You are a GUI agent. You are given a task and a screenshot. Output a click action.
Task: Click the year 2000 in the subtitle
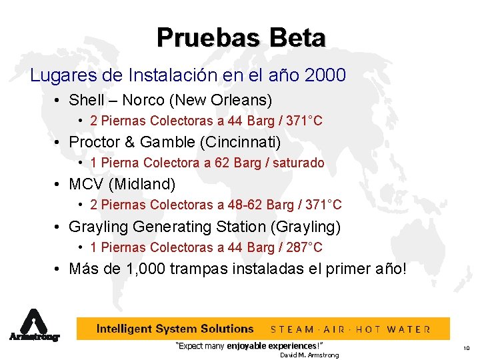click(324, 75)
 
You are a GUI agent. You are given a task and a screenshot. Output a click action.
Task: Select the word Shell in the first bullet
click(87, 101)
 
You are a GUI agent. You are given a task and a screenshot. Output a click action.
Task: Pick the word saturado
click(299, 163)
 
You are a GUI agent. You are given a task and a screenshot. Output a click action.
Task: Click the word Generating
click(175, 227)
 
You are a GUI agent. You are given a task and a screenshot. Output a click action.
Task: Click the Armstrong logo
click(34, 325)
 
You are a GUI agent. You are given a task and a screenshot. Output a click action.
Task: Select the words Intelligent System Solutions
click(175, 329)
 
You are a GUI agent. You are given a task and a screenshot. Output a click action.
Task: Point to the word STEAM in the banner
click(293, 329)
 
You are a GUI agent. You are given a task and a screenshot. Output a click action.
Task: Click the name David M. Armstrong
click(309, 355)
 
